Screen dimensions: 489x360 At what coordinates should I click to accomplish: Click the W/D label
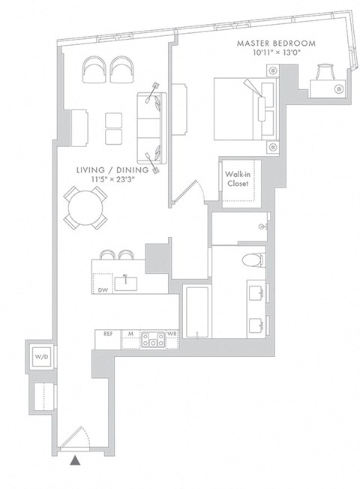tap(39, 357)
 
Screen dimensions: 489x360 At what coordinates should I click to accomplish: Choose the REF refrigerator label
tap(108, 334)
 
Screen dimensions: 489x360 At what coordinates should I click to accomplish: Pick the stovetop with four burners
tap(153, 340)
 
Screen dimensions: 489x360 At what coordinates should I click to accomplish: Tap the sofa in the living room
tap(149, 124)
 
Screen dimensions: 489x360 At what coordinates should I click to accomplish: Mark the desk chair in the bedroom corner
tap(325, 72)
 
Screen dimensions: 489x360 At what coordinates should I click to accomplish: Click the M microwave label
tap(130, 334)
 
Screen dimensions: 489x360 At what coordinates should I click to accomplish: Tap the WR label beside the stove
tap(172, 334)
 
